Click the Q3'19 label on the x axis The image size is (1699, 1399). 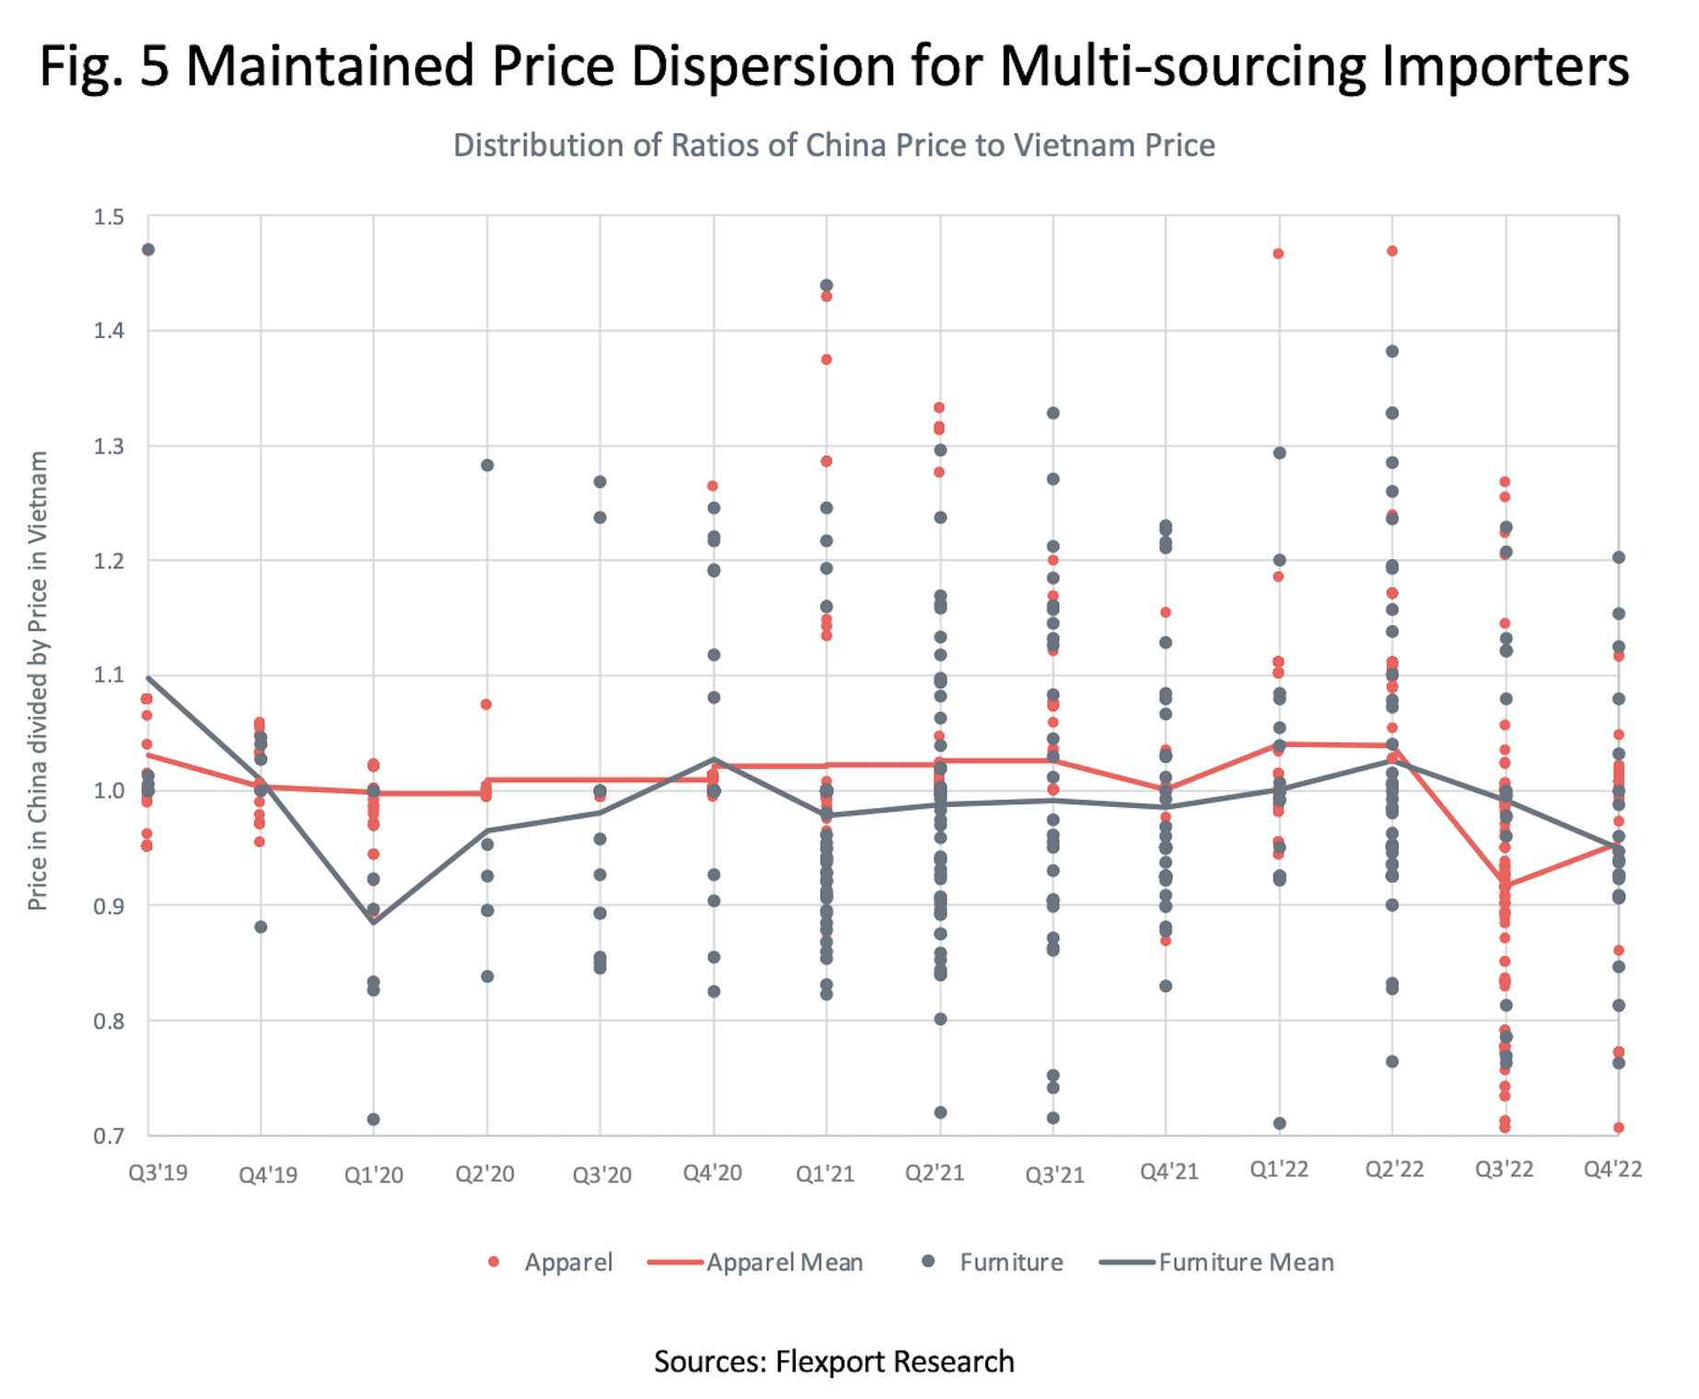click(x=157, y=1172)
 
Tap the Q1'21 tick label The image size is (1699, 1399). click(x=825, y=1173)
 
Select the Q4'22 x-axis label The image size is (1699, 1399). click(x=1612, y=1169)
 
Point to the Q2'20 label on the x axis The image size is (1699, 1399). click(x=484, y=1173)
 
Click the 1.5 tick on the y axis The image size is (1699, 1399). click(x=109, y=217)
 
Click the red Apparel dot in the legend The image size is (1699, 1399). click(x=494, y=1262)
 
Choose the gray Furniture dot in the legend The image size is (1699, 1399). click(x=929, y=1261)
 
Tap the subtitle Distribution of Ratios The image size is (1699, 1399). click(x=833, y=146)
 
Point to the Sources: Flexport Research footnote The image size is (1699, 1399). click(x=833, y=1361)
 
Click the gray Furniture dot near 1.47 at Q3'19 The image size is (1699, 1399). click(x=148, y=250)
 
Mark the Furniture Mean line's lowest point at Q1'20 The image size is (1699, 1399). click(x=374, y=922)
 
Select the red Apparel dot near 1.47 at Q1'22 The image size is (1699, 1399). click(x=1278, y=254)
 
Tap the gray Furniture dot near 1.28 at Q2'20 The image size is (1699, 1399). click(x=487, y=465)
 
